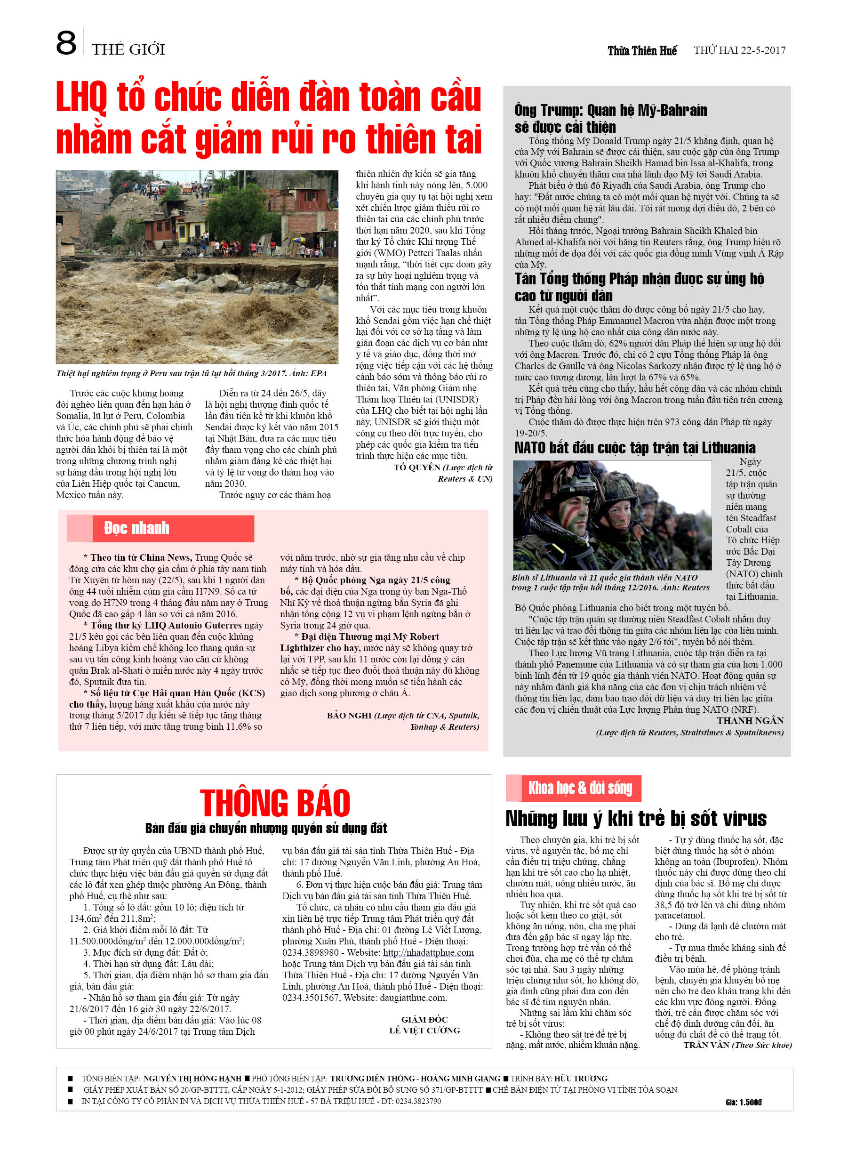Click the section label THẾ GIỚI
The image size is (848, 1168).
pos(128,49)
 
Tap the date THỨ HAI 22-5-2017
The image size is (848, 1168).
pos(739,50)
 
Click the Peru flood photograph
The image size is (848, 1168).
pos(197,267)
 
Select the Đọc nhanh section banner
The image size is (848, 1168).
pos(160,528)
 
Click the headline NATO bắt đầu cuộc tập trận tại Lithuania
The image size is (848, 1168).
pos(634,448)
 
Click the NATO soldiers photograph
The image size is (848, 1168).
pos(612,515)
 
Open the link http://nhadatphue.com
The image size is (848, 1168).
pos(428,952)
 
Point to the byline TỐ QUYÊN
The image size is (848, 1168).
pos(416,467)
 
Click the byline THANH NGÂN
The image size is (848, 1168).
pos(750,720)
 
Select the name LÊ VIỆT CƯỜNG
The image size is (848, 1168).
pos(424,1030)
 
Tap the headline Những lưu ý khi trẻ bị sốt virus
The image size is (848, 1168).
pos(635,818)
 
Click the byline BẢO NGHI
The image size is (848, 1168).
pos(349,715)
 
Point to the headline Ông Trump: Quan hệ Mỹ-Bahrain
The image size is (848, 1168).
pos(610,110)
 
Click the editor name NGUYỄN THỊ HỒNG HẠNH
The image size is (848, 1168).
pos(192,1079)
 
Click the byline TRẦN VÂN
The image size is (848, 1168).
pos(706,1045)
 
